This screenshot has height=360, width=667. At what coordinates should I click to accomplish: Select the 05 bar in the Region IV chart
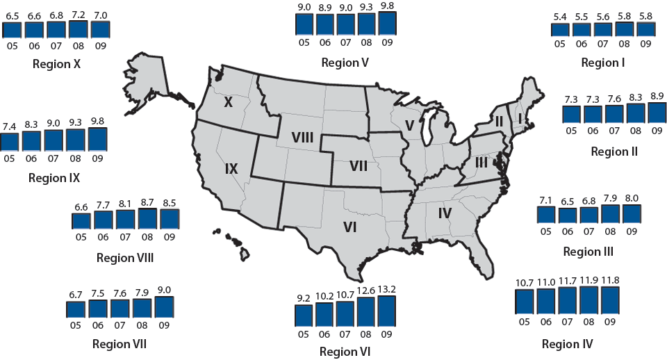525,301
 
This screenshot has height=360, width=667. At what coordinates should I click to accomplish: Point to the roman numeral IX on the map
231,168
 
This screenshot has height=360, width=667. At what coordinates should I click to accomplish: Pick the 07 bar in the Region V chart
346,24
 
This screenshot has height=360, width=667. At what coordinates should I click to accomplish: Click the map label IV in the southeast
445,213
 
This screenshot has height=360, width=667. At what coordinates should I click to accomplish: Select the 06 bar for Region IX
32,140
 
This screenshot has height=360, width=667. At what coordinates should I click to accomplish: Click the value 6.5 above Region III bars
570,202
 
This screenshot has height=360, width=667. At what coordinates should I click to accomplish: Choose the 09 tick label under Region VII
164,325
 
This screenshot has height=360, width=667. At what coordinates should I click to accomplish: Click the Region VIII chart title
125,259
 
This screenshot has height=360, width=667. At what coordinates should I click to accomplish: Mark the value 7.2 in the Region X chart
79,14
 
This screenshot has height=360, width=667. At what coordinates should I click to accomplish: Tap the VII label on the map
359,166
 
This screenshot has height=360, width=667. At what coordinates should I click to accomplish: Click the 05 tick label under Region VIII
81,237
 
